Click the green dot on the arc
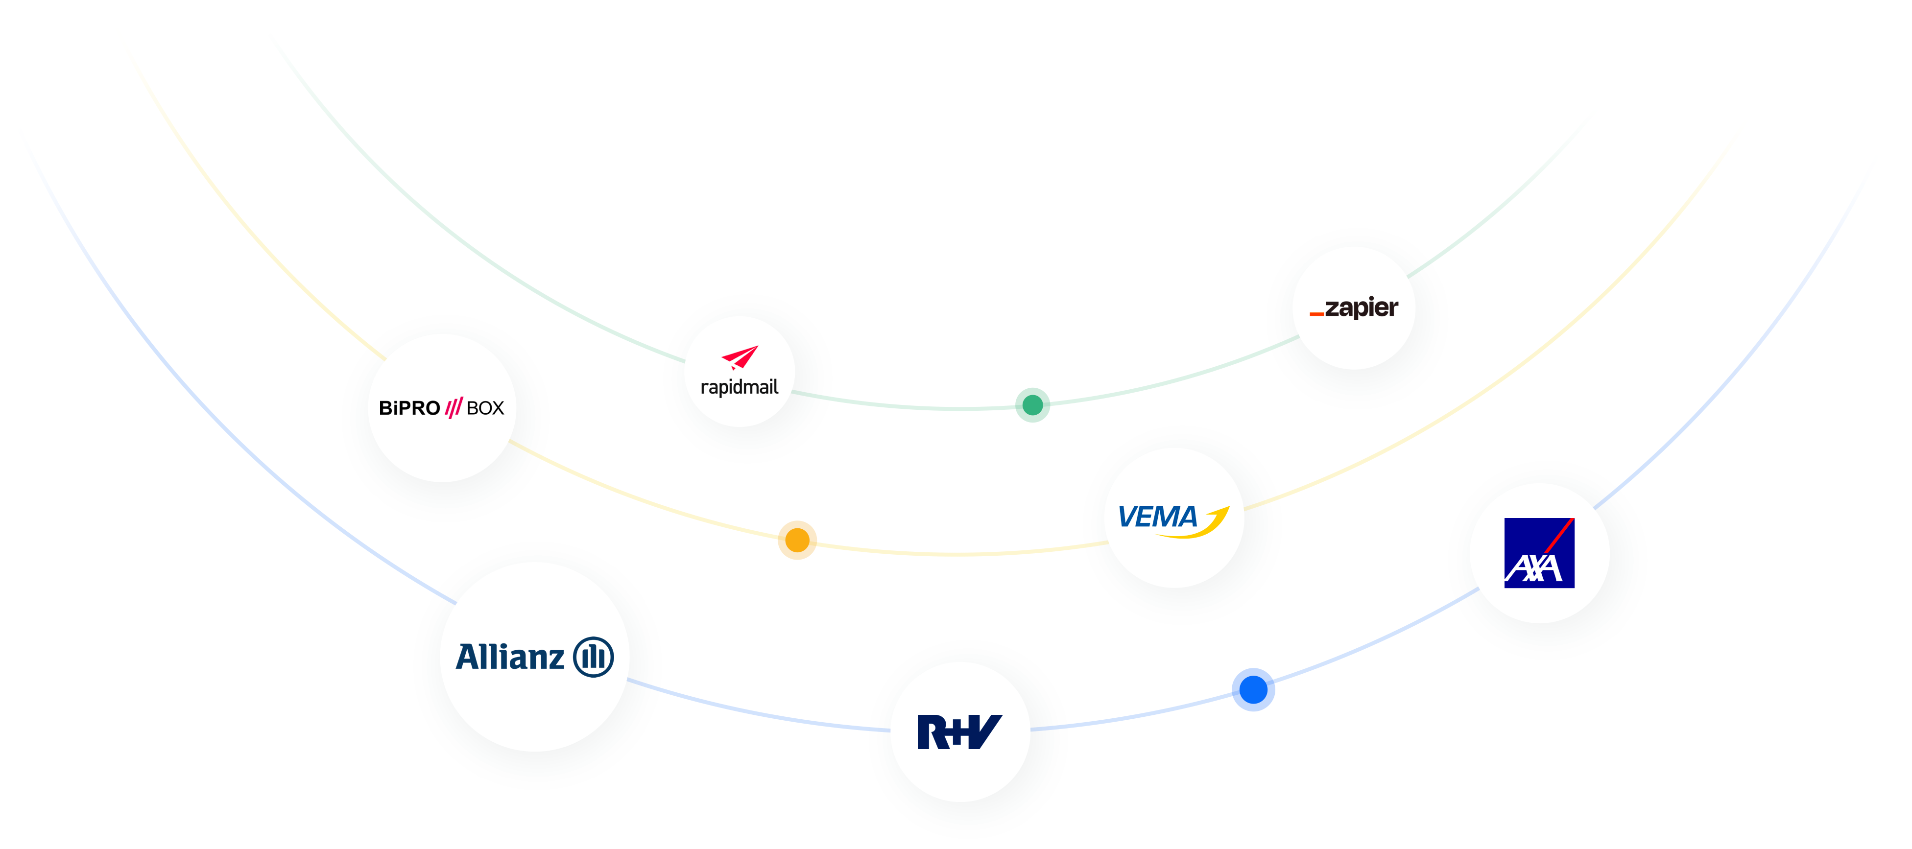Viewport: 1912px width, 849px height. click(1032, 405)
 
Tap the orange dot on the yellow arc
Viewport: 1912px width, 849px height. click(797, 540)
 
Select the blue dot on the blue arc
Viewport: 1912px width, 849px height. click(1253, 689)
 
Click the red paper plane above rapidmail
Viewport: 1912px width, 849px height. click(740, 357)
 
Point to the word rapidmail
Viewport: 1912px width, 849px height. click(739, 387)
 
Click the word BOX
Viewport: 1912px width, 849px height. click(485, 408)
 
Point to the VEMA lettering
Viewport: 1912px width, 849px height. click(1157, 517)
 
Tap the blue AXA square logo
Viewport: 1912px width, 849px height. click(1539, 553)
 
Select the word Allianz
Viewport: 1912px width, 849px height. click(510, 657)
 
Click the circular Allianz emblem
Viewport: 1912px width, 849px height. click(594, 657)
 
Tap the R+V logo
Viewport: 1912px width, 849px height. click(960, 732)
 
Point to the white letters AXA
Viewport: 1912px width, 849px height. click(1533, 569)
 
